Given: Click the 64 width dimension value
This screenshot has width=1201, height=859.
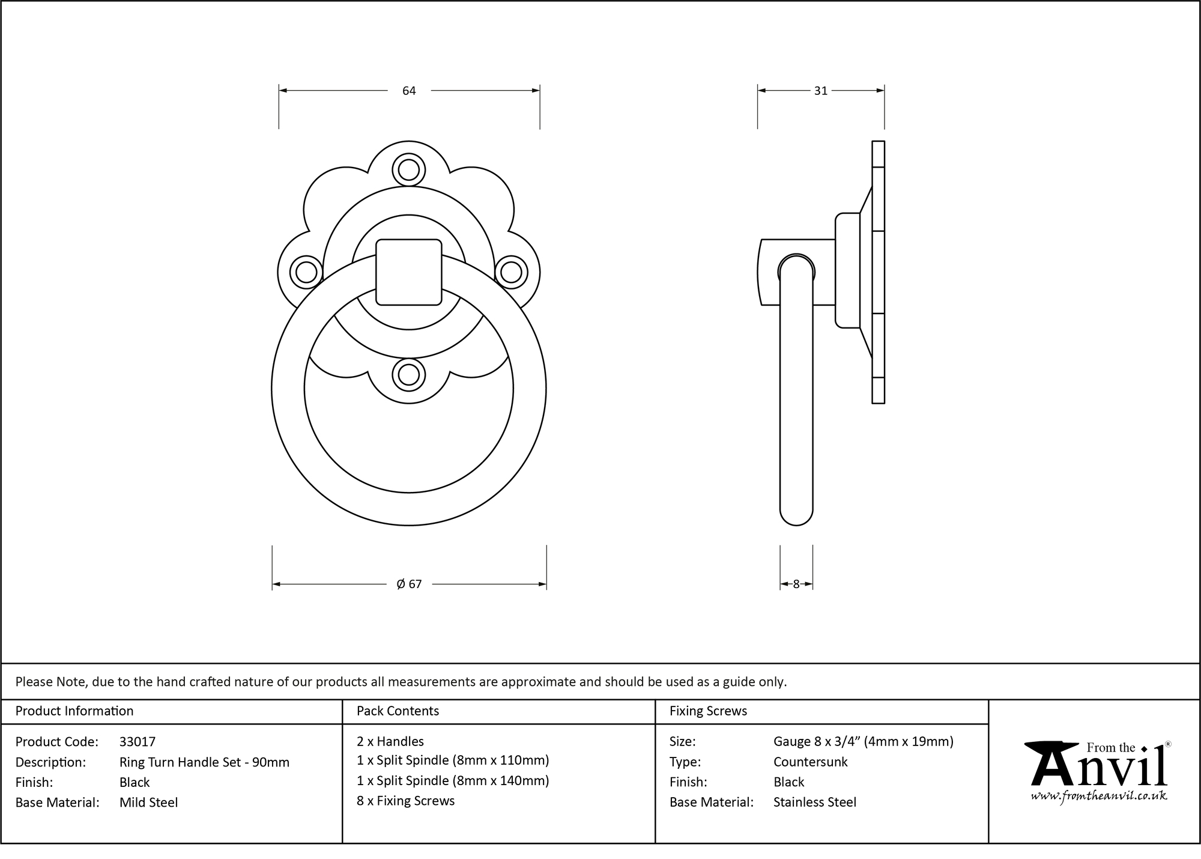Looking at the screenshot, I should tap(409, 91).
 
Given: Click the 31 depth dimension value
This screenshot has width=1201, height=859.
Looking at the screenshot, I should tap(820, 91).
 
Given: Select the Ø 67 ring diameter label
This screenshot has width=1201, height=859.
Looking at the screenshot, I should tap(409, 584).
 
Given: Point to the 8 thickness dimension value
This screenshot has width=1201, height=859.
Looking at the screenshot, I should tap(796, 584).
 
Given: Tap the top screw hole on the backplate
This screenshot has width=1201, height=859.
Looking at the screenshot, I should tap(409, 170).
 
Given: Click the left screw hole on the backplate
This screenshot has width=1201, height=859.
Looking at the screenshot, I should tap(306, 272).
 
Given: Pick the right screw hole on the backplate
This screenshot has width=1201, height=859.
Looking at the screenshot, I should tap(511, 272).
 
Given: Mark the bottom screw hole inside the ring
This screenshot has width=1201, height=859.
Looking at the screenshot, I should tap(409, 375).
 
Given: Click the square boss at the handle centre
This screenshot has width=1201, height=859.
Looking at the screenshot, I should tap(409, 272).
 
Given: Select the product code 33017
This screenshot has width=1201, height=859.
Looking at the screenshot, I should tap(138, 742).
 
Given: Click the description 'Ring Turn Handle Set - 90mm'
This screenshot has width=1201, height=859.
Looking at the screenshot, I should tap(204, 762).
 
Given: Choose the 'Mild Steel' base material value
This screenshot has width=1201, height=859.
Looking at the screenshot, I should tap(148, 803).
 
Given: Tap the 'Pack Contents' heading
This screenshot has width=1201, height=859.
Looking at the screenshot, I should tap(398, 711).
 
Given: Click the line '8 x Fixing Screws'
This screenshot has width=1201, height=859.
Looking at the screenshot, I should tap(405, 801).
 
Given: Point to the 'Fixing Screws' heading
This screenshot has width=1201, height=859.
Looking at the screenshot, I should tap(708, 711).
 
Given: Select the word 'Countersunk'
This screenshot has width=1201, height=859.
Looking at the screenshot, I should tap(810, 762).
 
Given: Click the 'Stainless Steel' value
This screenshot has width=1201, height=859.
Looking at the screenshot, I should tap(814, 803).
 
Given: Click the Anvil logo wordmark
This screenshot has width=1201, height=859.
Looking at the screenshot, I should tap(1099, 769).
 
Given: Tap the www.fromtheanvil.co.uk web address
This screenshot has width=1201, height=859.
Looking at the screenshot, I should tap(1099, 796).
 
